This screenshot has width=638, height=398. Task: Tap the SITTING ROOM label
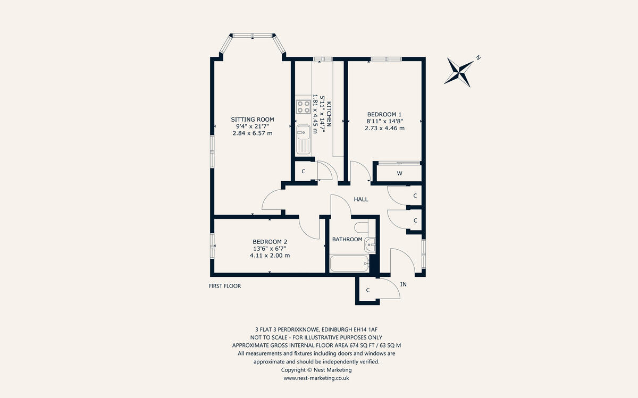click(253, 120)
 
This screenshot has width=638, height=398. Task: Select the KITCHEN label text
click(329, 113)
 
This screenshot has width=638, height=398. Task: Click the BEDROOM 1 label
click(384, 114)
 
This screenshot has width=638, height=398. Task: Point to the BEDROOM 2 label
click(270, 241)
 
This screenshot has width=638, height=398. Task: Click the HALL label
click(361, 199)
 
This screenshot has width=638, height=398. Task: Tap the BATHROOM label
click(347, 240)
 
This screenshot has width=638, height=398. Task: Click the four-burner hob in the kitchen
click(304, 107)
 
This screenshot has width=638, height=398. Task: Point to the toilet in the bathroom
click(361, 228)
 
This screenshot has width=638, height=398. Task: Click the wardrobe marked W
click(399, 174)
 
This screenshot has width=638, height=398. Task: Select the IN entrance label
click(403, 285)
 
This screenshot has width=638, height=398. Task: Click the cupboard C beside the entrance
click(368, 290)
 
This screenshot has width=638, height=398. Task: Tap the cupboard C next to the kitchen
click(303, 172)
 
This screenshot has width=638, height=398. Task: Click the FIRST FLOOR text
click(225, 286)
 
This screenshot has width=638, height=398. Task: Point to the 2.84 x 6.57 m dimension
click(253, 133)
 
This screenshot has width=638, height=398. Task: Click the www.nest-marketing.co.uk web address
click(316, 378)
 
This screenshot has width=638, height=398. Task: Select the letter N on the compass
click(478, 57)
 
